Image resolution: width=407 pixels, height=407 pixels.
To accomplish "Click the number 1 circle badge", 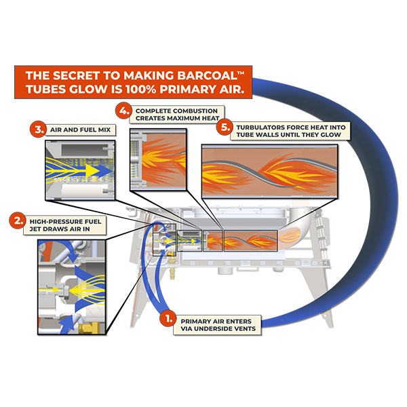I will tap(163, 317).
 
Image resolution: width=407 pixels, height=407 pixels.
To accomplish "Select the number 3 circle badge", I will tap(40, 129).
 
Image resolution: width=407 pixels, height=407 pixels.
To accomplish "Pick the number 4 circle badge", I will tap(123, 110).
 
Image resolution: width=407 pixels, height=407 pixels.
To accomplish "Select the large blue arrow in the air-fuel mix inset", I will tap(78, 165).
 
